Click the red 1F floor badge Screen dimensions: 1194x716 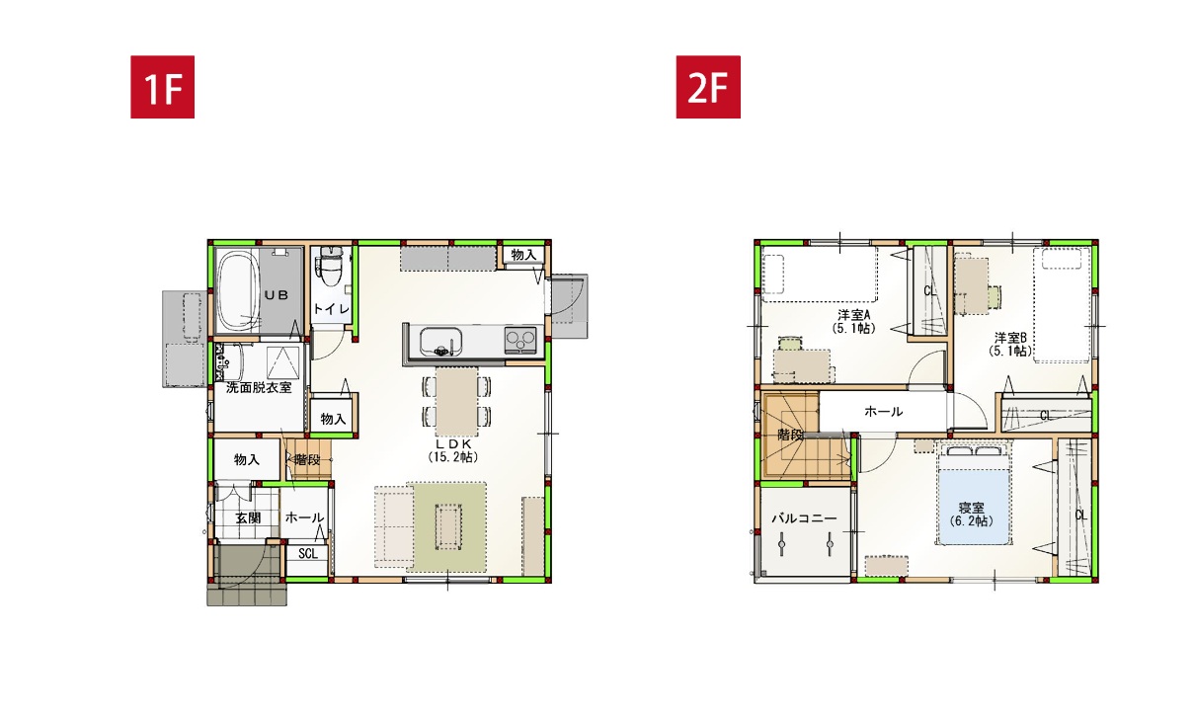click(163, 87)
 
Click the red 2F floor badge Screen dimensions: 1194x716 click(708, 87)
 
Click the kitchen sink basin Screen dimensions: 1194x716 click(440, 341)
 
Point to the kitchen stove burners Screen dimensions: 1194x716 click(519, 340)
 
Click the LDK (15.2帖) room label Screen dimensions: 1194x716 click(452, 450)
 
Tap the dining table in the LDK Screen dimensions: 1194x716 click(456, 401)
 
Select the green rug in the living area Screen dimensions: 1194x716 click(446, 527)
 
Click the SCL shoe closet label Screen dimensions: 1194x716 click(307, 553)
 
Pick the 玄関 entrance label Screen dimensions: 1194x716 click(249, 517)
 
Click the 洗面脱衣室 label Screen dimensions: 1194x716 click(259, 387)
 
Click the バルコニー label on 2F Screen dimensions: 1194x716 click(804, 517)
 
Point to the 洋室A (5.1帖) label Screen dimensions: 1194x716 click(854, 322)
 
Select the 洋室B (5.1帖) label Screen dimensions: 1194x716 click(1010, 345)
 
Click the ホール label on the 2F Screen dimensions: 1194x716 click(883, 411)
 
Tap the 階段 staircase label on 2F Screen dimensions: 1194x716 click(790, 435)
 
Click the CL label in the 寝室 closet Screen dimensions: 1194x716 click(1080, 516)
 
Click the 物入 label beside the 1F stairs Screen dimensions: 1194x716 click(247, 459)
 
